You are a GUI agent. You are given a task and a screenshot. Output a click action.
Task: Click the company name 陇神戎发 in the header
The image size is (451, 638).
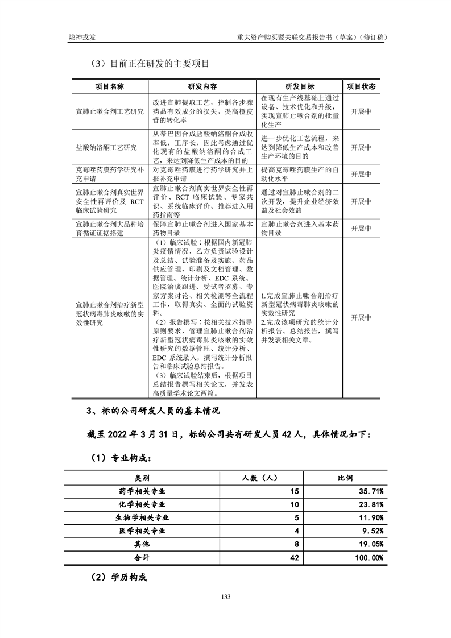pyautogui.click(x=78, y=37)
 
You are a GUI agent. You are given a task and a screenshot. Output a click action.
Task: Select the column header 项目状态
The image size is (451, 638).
pyautogui.click(x=361, y=86)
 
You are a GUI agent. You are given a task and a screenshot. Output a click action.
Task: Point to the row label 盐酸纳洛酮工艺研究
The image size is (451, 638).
pyautogui.click(x=106, y=147)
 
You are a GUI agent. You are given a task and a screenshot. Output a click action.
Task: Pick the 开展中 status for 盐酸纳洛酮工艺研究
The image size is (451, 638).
pyautogui.click(x=361, y=147)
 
